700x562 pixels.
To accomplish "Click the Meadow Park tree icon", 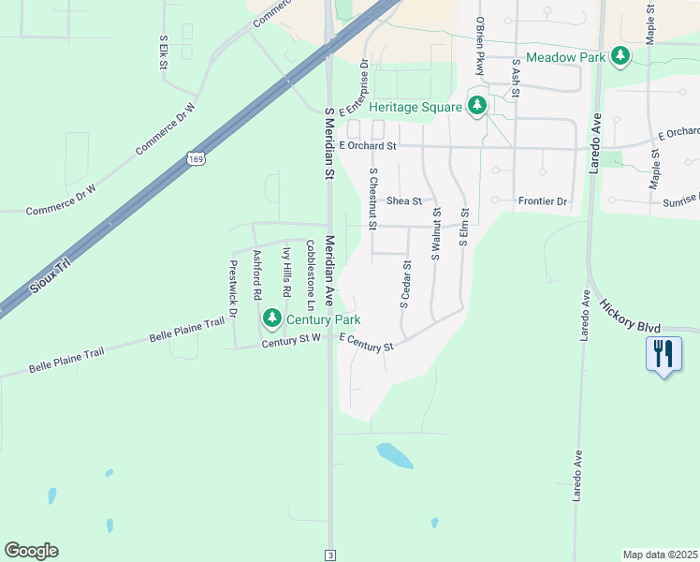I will [620, 57].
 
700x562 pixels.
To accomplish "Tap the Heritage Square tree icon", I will [477, 106].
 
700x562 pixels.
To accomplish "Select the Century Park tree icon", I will [271, 319].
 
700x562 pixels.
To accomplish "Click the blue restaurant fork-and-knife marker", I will [664, 354].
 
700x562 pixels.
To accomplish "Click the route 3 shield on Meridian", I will [329, 555].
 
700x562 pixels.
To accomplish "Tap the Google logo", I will [31, 551].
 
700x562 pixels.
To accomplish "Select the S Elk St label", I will [163, 52].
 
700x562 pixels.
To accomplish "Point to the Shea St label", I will [405, 200].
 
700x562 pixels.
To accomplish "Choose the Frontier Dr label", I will [543, 201].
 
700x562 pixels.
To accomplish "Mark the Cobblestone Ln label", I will [311, 274].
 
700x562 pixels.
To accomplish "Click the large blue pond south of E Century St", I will [395, 456].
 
